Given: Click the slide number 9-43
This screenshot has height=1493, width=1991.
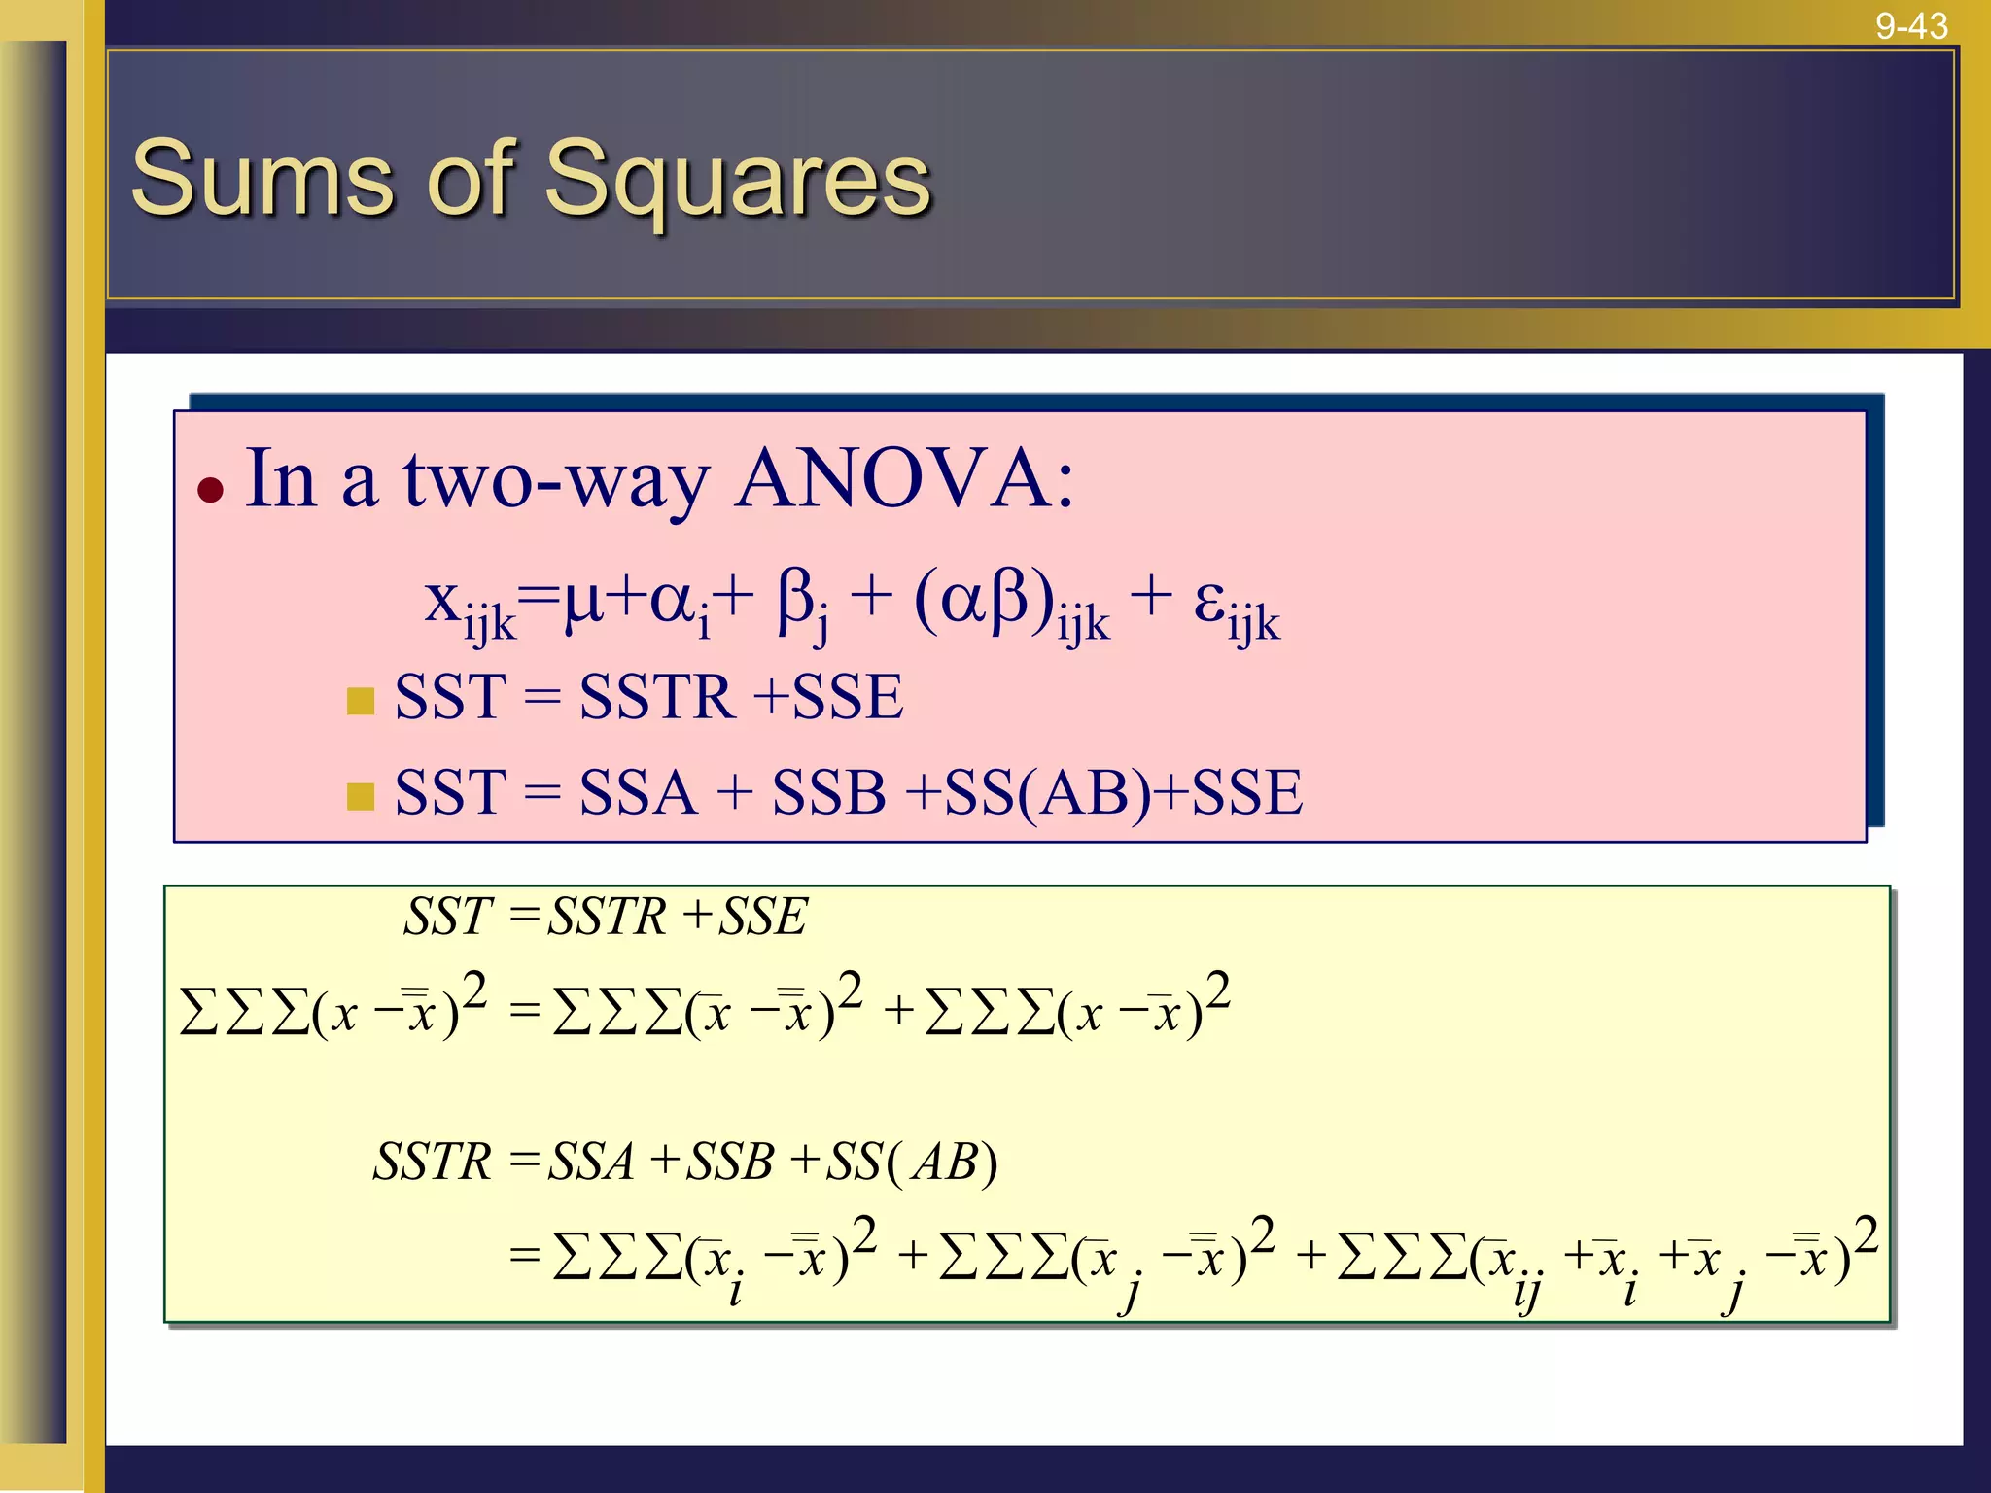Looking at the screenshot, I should (1911, 25).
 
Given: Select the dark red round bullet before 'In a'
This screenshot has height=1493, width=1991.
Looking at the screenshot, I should (210, 488).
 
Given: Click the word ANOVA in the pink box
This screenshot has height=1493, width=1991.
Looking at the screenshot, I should (904, 478).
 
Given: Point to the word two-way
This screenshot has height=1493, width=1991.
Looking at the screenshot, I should (557, 480).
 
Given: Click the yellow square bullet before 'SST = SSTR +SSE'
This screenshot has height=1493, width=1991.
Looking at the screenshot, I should (361, 701).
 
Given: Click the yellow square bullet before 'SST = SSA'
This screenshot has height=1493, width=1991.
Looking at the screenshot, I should (361, 796).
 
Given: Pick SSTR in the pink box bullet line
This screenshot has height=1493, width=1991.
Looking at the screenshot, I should (657, 697).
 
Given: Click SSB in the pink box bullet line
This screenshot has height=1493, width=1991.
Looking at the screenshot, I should (828, 792).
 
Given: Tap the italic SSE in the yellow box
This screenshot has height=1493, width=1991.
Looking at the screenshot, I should (762, 917).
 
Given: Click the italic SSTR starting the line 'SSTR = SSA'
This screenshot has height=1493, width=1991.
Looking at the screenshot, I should (433, 1162).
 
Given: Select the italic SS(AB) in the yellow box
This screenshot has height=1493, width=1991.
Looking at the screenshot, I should (912, 1162).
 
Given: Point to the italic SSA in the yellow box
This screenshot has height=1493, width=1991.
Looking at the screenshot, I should (591, 1162).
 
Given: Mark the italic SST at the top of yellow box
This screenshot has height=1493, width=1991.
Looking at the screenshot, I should (448, 917).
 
